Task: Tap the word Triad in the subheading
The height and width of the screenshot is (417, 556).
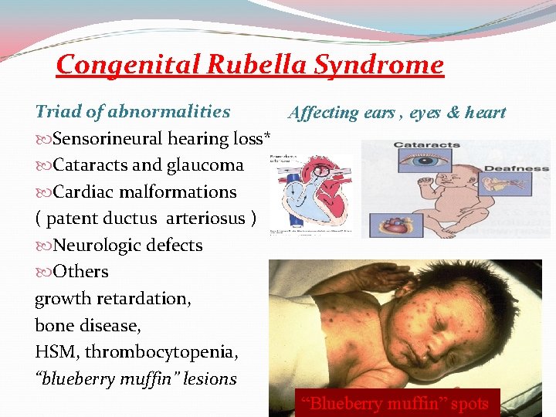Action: coord(56,111)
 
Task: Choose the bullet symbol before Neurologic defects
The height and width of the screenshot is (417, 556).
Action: coord(42,246)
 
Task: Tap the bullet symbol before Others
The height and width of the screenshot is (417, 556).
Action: coord(42,272)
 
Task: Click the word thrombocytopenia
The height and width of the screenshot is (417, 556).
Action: coord(161,353)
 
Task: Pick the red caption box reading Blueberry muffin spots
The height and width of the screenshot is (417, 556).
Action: coord(397,402)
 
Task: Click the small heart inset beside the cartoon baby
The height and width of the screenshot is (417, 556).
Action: coord(396,225)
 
